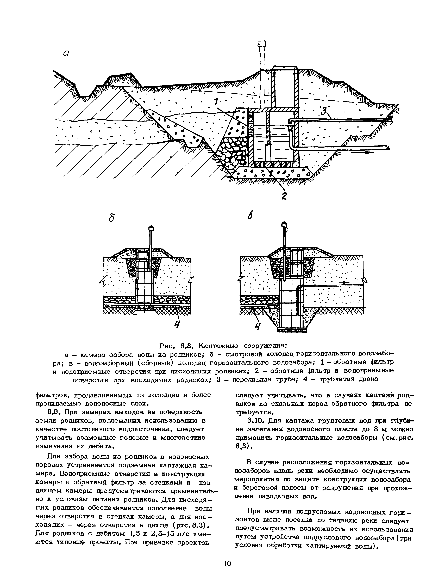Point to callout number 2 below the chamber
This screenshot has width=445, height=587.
(x=284, y=196)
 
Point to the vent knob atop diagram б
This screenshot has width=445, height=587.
(x=151, y=228)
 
